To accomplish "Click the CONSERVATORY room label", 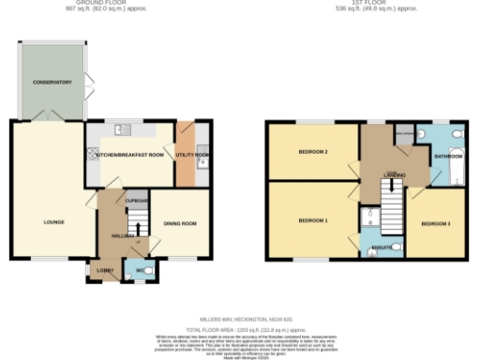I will pyautogui.click(x=52, y=82).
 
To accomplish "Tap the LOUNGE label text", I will pyautogui.click(x=52, y=222).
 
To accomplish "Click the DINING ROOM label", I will pyautogui.click(x=180, y=223).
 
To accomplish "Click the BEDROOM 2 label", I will pyautogui.click(x=312, y=151).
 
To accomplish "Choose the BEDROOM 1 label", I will pyautogui.click(x=312, y=220).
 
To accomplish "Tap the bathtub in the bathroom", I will pyautogui.click(x=457, y=156).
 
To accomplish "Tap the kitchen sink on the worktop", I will pyautogui.click(x=122, y=130).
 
